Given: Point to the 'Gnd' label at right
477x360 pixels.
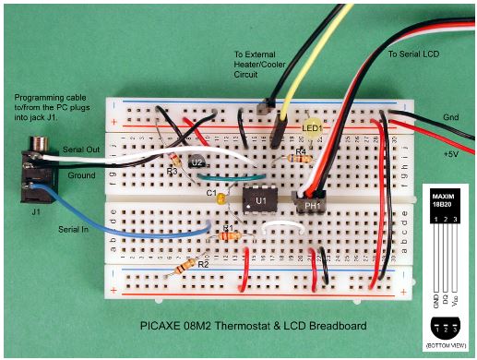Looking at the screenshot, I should [451, 117].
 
